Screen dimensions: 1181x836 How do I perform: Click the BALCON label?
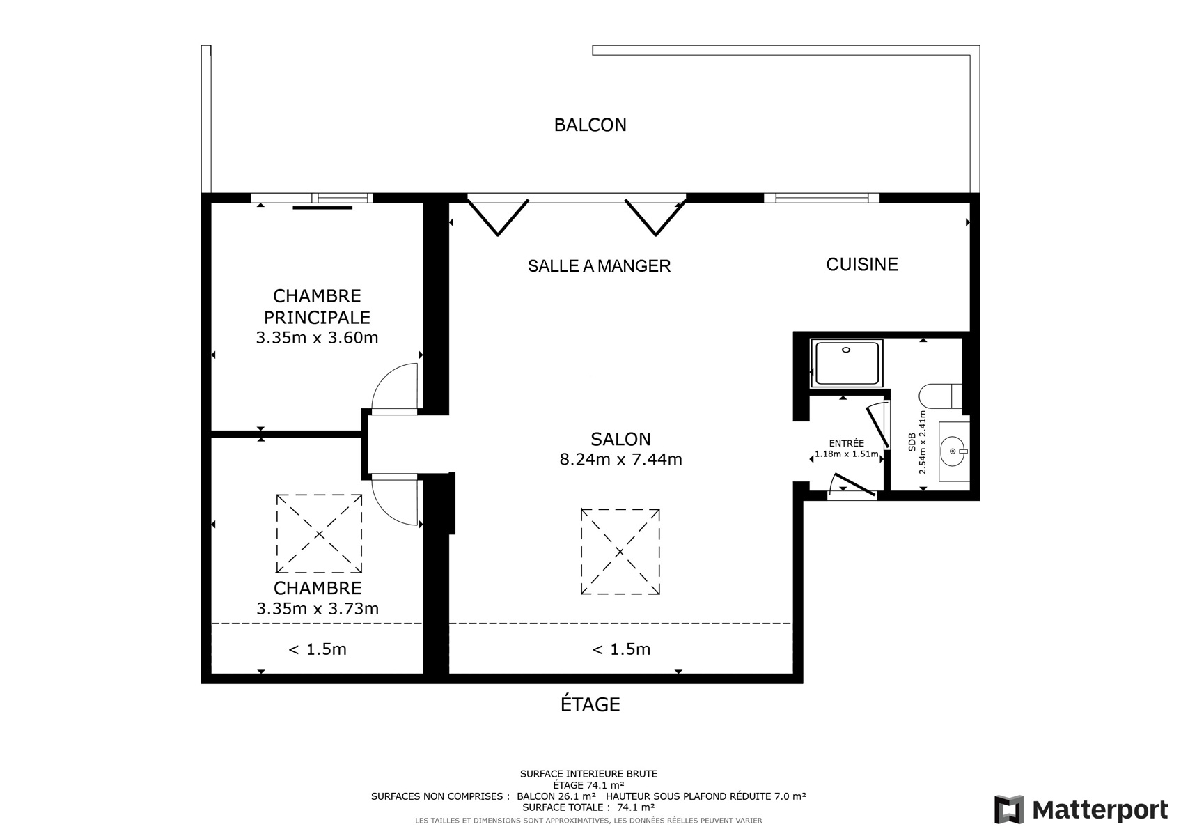pyautogui.click(x=590, y=125)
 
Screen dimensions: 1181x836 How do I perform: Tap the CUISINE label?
pyautogui.click(x=862, y=264)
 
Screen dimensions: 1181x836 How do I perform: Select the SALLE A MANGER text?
pyautogui.click(x=599, y=266)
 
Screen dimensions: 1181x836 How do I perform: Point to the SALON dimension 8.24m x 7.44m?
pyautogui.click(x=620, y=459)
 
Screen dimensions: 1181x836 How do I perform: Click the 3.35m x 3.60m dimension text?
pyautogui.click(x=317, y=338)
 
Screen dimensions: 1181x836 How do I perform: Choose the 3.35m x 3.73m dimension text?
pyautogui.click(x=318, y=609)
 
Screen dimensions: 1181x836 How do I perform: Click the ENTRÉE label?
pyautogui.click(x=846, y=444)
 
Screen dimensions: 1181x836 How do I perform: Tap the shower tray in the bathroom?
pyautogui.click(x=846, y=364)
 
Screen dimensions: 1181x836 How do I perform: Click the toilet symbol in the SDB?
pyautogui.click(x=940, y=396)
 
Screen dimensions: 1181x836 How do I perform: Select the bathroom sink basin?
pyautogui.click(x=954, y=451)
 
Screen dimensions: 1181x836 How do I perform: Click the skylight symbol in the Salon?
pyautogui.click(x=620, y=552)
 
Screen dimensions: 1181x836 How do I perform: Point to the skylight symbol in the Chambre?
pyautogui.click(x=319, y=534)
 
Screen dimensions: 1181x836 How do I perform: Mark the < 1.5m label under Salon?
pyautogui.click(x=621, y=649)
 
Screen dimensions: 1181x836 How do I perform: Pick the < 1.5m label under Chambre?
pyautogui.click(x=318, y=649)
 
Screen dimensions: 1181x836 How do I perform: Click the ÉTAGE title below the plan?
pyautogui.click(x=590, y=704)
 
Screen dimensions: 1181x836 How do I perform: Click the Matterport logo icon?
pyautogui.click(x=1008, y=809)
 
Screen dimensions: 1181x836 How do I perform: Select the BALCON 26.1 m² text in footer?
pyautogui.click(x=556, y=796)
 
